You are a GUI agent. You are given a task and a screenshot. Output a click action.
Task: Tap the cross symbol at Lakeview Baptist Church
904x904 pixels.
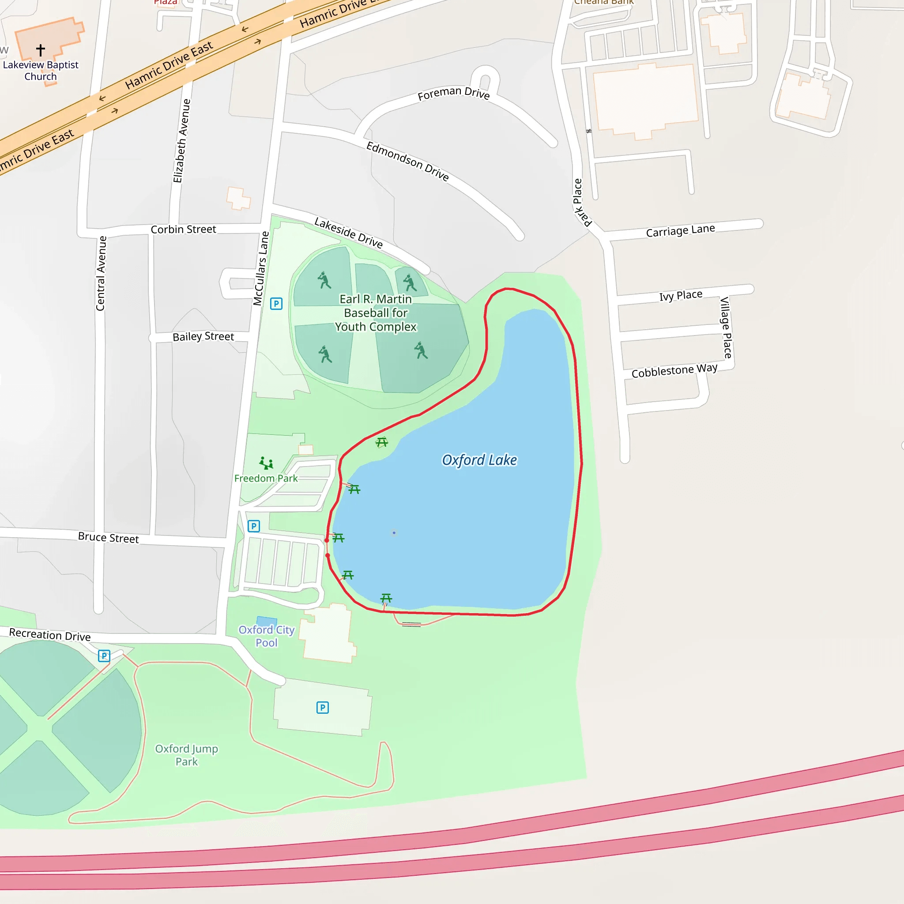click(x=41, y=49)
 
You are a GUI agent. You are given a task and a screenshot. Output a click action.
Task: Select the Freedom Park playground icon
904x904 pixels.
click(x=266, y=463)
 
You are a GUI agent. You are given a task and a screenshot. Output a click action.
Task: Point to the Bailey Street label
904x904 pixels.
click(x=203, y=336)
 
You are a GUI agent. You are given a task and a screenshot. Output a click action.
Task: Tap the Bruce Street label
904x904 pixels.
click(x=108, y=538)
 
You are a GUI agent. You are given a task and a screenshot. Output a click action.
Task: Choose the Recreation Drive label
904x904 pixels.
click(x=49, y=634)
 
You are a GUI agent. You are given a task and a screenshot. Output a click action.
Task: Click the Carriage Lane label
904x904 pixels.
click(x=680, y=231)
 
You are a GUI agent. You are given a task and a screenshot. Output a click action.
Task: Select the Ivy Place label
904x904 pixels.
click(x=681, y=296)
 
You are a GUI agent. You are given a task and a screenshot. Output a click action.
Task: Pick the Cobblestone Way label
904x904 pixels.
click(x=674, y=371)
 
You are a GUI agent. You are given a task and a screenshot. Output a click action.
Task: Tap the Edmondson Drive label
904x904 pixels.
click(x=407, y=161)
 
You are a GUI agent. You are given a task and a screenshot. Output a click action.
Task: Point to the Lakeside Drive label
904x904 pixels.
click(x=349, y=232)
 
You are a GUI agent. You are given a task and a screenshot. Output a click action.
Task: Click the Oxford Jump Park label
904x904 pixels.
click(x=187, y=755)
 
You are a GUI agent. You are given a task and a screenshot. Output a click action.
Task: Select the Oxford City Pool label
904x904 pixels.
click(x=266, y=637)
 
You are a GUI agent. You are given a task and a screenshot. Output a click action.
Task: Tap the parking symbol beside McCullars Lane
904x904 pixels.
click(x=276, y=304)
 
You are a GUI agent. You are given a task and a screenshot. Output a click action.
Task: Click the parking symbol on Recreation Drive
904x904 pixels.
click(x=104, y=656)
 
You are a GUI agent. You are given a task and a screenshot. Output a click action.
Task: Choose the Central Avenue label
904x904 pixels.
click(x=101, y=273)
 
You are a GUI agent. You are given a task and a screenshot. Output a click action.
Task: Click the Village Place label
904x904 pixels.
click(x=726, y=328)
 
